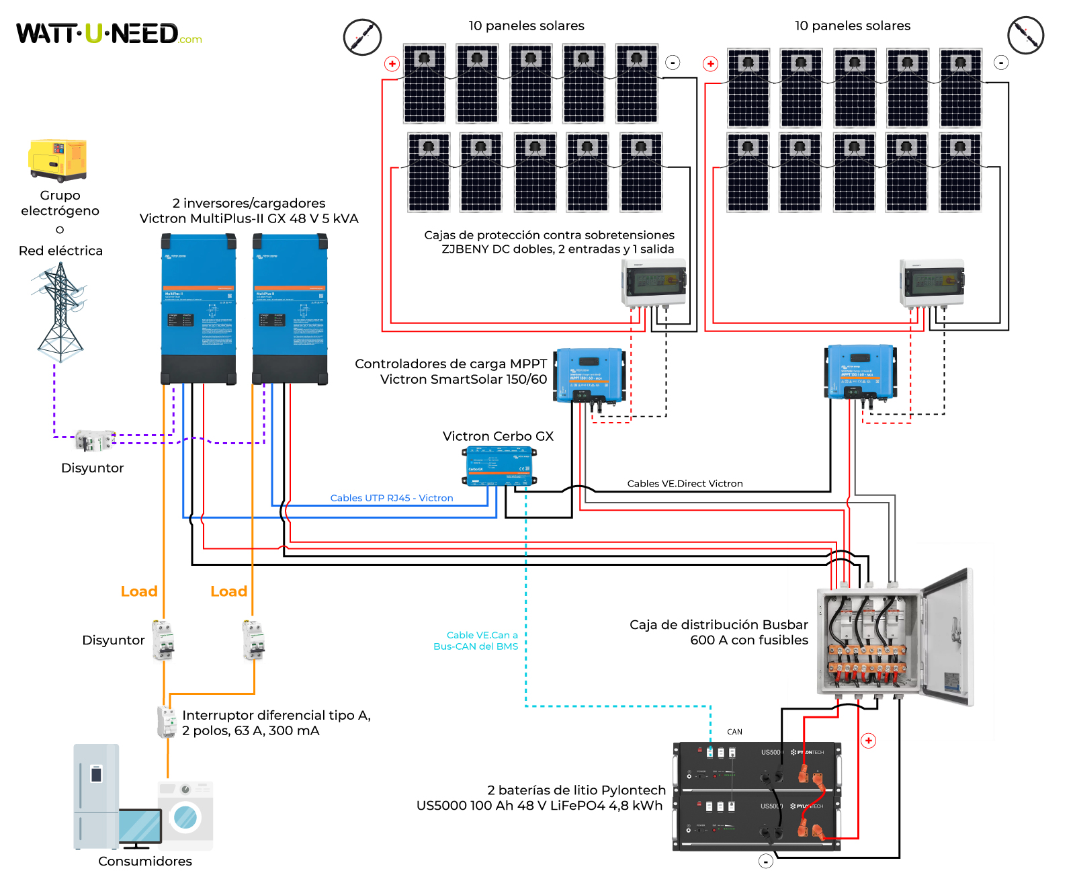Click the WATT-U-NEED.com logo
[x=107, y=34]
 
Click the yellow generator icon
[x=58, y=160]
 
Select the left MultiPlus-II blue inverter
[x=198, y=308]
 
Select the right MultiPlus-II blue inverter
[x=290, y=308]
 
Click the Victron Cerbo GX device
[x=499, y=466]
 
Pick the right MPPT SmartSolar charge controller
[x=860, y=372]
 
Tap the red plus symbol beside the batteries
[x=869, y=741]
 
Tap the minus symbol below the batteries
[x=765, y=861]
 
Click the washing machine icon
[x=185, y=815]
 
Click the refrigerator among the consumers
[x=96, y=796]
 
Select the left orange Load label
[x=139, y=591]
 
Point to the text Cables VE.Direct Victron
[x=685, y=484]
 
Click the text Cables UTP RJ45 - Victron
[x=391, y=498]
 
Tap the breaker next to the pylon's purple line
[x=94, y=442]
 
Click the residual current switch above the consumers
[x=166, y=722]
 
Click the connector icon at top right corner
[x=1025, y=36]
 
